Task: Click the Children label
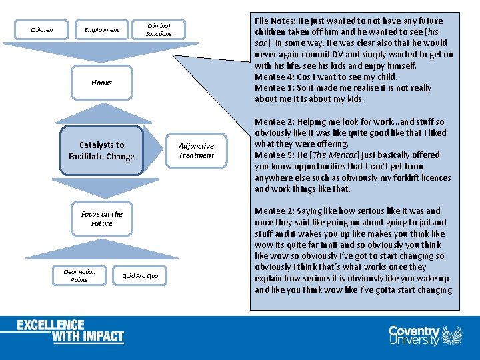coord(42,29)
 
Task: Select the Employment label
coord(101,29)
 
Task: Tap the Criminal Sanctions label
coord(159,29)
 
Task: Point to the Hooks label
coord(101,83)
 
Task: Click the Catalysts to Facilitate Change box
coord(101,151)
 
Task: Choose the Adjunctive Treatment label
coord(196,151)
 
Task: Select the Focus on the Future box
coord(101,219)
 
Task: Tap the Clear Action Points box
coord(79,275)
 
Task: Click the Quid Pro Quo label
coord(140,275)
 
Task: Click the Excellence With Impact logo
coord(71,331)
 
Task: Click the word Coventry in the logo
coord(414,331)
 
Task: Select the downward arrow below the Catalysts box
coord(101,187)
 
